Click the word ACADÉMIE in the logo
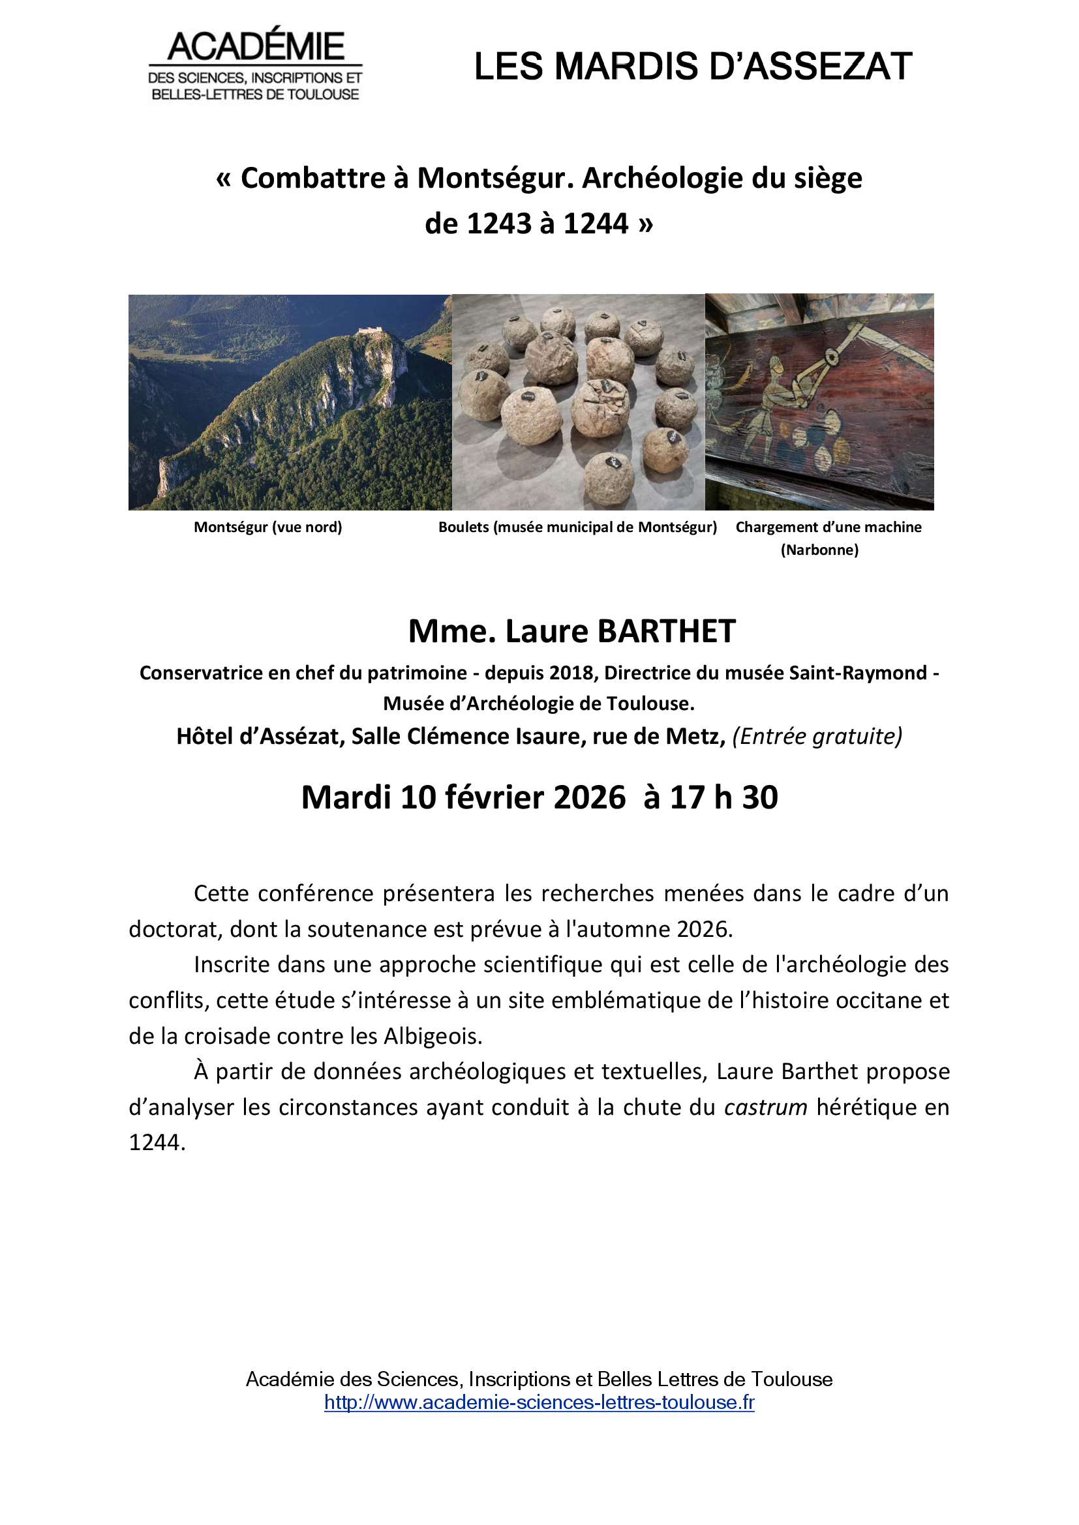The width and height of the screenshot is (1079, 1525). [256, 46]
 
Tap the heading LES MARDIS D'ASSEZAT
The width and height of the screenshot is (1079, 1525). [693, 67]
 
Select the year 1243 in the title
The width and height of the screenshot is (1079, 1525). [498, 224]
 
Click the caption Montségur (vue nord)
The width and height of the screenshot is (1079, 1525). [267, 527]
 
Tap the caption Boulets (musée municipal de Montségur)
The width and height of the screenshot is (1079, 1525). [577, 527]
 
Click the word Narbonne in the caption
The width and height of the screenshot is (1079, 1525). [819, 550]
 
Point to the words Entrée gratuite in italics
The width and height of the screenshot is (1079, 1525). [817, 737]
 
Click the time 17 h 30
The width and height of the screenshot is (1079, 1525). [723, 797]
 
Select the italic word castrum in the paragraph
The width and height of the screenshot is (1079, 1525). [765, 1107]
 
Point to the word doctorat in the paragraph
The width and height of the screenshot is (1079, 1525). [175, 929]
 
